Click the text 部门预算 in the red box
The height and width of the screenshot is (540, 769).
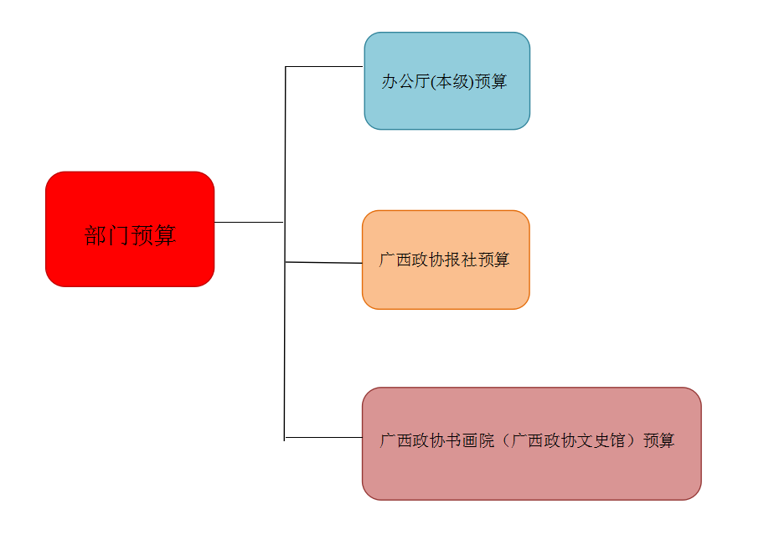pos(130,235)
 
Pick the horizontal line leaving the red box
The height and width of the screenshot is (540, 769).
pos(249,222)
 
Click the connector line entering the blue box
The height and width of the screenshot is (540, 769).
pos(325,66)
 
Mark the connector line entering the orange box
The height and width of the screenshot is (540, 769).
pos(325,262)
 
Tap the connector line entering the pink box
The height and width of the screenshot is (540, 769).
pos(325,437)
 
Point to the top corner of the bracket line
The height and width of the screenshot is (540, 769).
pos(286,66)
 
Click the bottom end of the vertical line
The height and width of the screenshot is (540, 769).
pos(285,439)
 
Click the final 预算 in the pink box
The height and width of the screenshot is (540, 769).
pos(658,440)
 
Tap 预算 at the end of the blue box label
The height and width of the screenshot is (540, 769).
pos(491,82)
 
